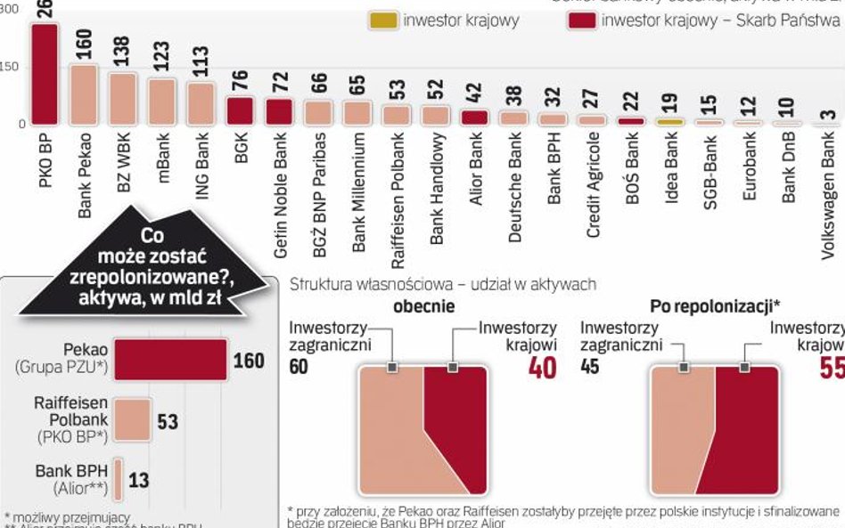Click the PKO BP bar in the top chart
[x=45, y=75]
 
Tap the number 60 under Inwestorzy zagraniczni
[x=299, y=366]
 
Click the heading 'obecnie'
[x=423, y=306]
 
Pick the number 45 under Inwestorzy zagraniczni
[x=590, y=366]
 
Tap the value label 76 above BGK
[x=241, y=81]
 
